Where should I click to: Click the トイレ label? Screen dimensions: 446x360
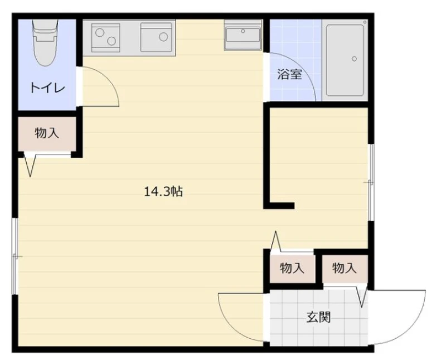pos(48,88)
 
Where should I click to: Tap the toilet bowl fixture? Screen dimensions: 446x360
pos(45,43)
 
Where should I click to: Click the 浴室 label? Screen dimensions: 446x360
pos(289,75)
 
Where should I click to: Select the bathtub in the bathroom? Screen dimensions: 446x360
pos(345,60)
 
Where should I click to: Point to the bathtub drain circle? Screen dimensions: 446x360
pos(354,59)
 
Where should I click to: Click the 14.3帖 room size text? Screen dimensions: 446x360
pos(163,192)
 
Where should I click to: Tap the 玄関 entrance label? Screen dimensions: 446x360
pos(318,317)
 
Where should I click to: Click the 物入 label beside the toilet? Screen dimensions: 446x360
pos(47,133)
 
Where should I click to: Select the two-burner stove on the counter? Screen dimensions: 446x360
pos(105,37)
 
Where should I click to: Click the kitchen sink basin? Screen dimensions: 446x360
pos(156,37)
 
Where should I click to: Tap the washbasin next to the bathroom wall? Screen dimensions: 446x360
pos(243,35)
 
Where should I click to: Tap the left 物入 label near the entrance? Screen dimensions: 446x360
pos(292,268)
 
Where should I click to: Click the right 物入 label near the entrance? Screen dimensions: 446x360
pos(345,268)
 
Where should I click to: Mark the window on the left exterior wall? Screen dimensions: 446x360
pos(15,256)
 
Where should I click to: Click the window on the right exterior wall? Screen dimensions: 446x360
pos(371,182)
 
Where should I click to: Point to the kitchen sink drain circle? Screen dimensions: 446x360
pos(163,37)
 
